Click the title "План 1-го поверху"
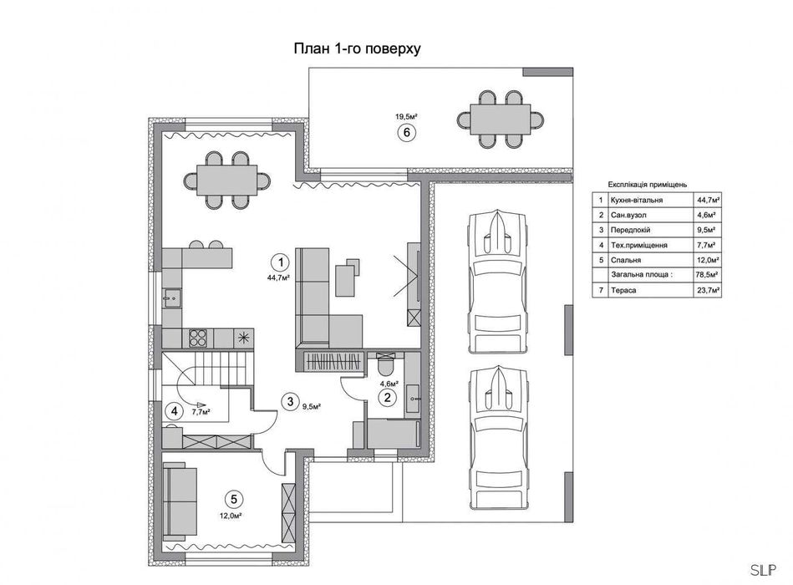pyautogui.click(x=357, y=49)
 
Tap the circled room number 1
pyautogui.click(x=280, y=262)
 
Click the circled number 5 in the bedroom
pyautogui.click(x=234, y=500)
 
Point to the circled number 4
pyautogui.click(x=175, y=411)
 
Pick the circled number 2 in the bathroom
pyautogui.click(x=388, y=398)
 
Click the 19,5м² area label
pyautogui.click(x=406, y=117)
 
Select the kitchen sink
pyautogui.click(x=172, y=298)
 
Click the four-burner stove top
pyautogui.click(x=199, y=338)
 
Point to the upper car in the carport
pyautogui.click(x=498, y=281)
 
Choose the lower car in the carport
pyautogui.click(x=498, y=437)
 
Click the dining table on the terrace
pyautogui.click(x=501, y=120)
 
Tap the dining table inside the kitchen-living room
pyautogui.click(x=227, y=180)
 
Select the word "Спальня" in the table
pyautogui.click(x=626, y=260)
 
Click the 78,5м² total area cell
pyautogui.click(x=709, y=275)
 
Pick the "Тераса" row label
pyautogui.click(x=623, y=290)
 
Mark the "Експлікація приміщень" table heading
pyautogui.click(x=648, y=185)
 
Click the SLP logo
pyautogui.click(x=763, y=570)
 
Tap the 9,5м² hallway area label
pyautogui.click(x=312, y=405)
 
